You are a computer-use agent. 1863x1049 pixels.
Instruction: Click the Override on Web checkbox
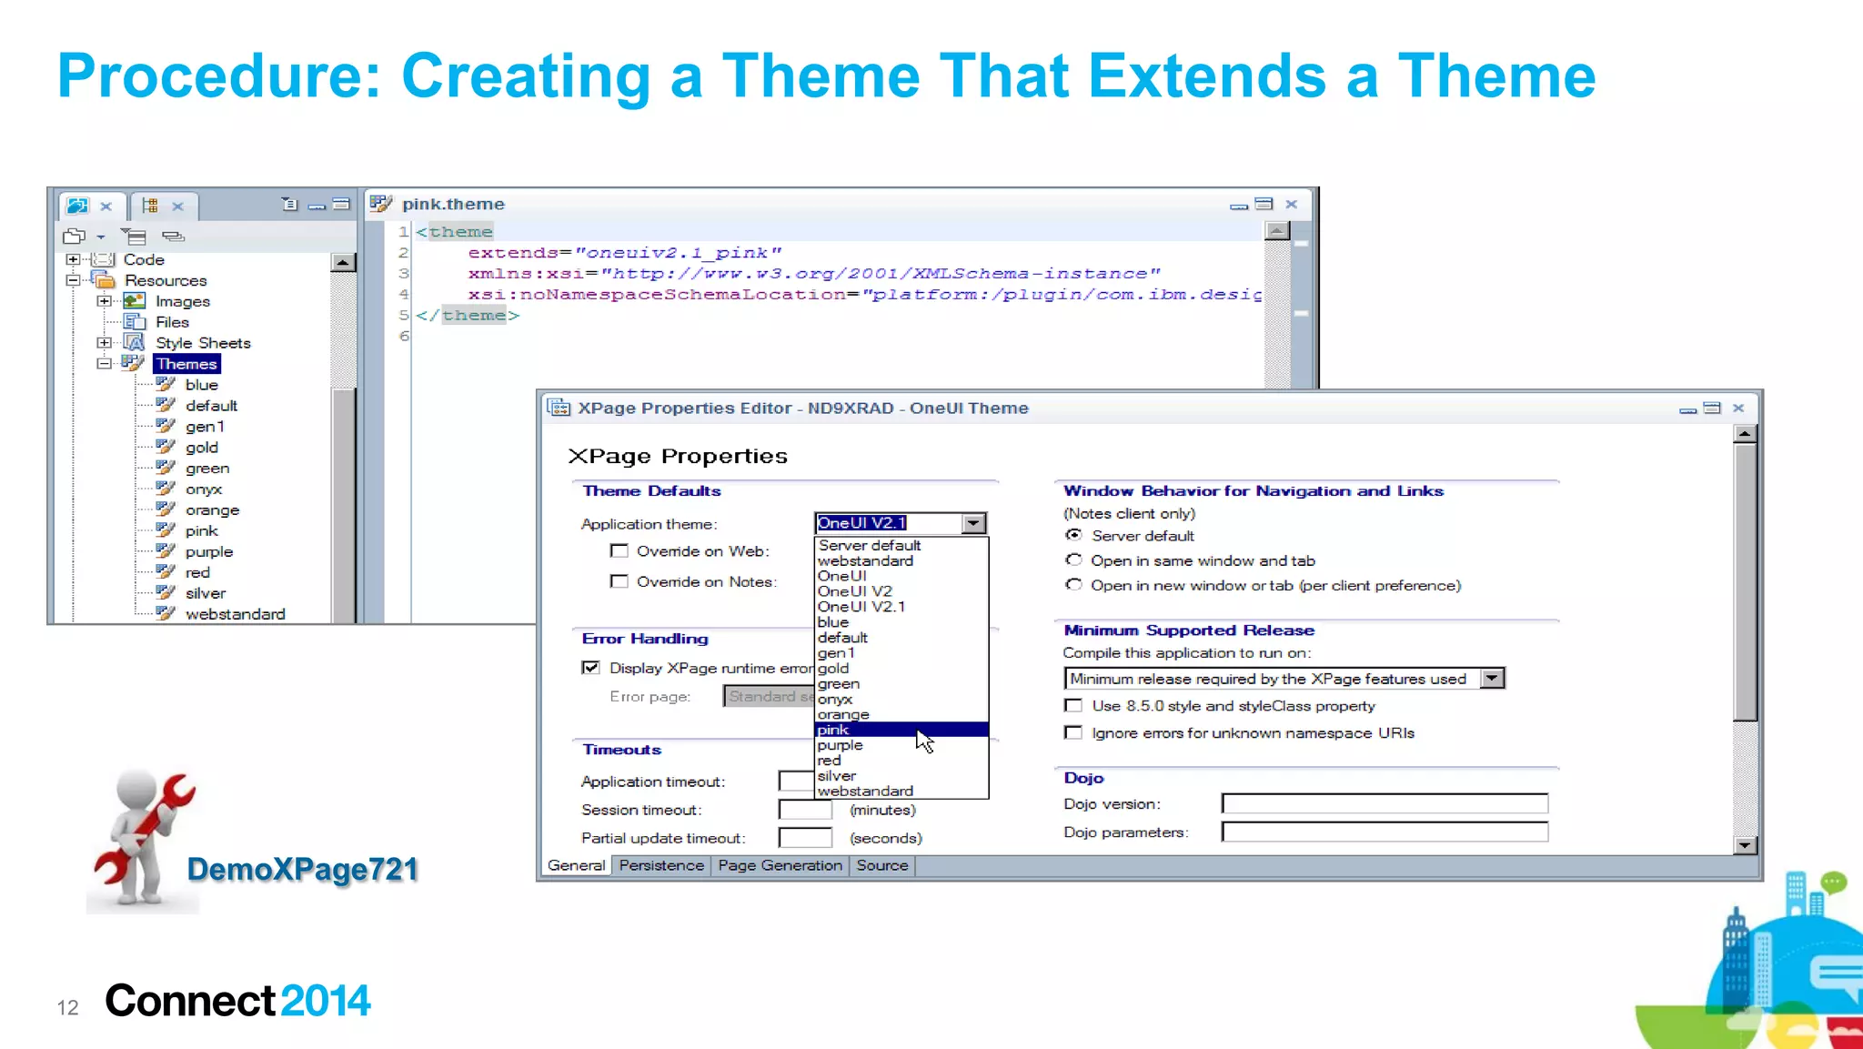(619, 551)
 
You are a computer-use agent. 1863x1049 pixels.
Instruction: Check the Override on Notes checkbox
(619, 581)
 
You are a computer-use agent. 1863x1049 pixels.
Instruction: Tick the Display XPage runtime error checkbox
(591, 668)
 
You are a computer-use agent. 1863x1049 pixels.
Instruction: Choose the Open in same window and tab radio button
(1074, 560)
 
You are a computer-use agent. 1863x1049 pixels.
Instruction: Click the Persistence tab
(661, 865)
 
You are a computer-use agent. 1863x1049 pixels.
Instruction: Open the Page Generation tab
(780, 865)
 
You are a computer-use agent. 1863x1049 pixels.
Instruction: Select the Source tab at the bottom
(881, 865)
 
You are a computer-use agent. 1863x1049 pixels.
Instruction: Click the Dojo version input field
(1384, 804)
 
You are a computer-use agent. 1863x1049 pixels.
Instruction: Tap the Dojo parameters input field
(1384, 832)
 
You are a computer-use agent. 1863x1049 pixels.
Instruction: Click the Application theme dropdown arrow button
(973, 523)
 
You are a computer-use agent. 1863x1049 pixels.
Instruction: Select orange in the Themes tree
(212, 510)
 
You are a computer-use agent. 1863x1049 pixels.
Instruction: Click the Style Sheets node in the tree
(203, 343)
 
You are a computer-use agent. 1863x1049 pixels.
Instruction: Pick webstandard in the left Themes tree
(235, 614)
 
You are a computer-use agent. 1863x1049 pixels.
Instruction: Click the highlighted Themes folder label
(186, 364)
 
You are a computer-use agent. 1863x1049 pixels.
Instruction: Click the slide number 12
(68, 1007)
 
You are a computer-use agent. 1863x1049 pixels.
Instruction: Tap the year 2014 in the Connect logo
(325, 1001)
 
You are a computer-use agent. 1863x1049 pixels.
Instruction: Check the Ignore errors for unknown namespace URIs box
(1074, 733)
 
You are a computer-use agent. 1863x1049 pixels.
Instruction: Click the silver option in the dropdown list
(836, 776)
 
